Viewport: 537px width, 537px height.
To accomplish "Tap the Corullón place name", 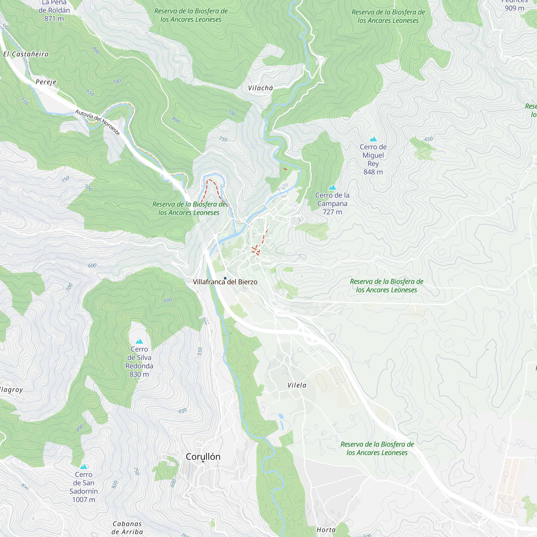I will (x=203, y=457).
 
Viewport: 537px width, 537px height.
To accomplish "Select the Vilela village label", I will (x=297, y=385).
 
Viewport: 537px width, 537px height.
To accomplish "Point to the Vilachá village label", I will (x=260, y=88).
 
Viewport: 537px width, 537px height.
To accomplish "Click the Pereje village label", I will (x=46, y=82).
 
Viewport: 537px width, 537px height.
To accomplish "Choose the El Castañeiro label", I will (x=26, y=54).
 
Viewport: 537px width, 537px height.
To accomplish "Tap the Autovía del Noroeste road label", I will (x=97, y=122).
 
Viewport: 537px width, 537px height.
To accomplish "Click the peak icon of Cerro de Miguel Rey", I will (x=373, y=139).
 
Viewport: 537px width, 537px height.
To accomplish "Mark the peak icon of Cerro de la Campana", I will (x=332, y=188).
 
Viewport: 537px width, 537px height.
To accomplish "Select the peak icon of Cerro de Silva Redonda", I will (x=139, y=341).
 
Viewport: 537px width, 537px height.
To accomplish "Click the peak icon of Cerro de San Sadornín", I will (x=84, y=467).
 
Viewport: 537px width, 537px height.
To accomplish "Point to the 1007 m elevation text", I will (x=84, y=500).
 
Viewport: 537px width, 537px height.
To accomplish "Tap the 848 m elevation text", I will (x=373, y=172).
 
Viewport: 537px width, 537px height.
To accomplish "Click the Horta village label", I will (x=326, y=530).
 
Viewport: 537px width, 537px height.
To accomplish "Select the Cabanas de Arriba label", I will (x=127, y=528).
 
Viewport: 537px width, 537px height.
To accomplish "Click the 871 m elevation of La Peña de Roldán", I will (x=54, y=19).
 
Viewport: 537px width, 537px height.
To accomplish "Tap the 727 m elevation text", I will (x=332, y=212).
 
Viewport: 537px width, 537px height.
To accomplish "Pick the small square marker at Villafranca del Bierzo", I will (x=225, y=278).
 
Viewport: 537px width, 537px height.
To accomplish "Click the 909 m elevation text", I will (x=514, y=8).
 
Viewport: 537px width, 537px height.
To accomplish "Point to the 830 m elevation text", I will (x=139, y=374).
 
